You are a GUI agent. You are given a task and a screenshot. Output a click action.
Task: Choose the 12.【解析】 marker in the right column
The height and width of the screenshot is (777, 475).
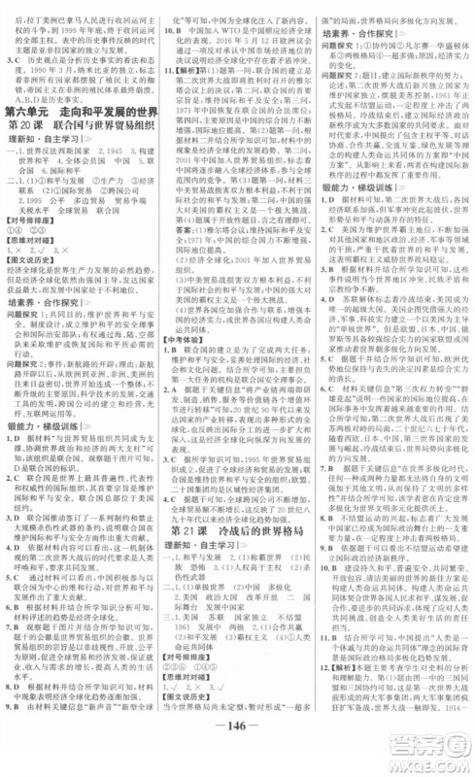coord(343,690)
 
